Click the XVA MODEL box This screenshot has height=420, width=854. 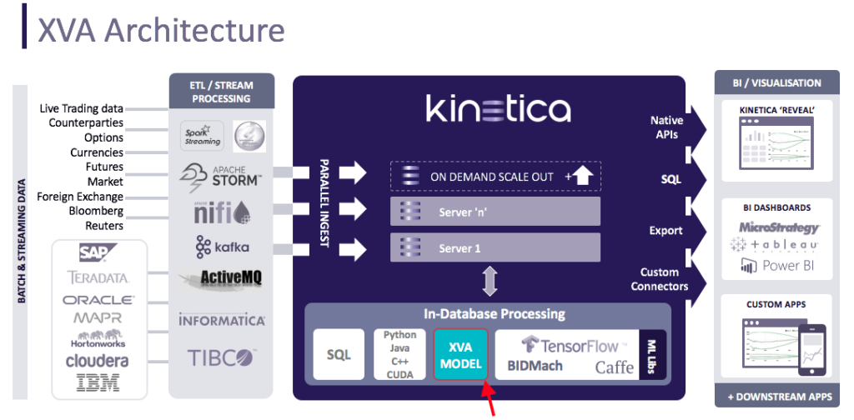tap(460, 354)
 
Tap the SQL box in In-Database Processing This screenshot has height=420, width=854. tap(339, 354)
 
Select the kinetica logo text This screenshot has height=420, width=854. tap(499, 109)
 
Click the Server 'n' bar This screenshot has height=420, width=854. tap(495, 212)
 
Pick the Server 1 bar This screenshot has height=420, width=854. tap(495, 247)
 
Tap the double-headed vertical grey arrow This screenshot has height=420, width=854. tap(490, 282)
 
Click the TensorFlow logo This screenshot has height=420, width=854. tap(570, 345)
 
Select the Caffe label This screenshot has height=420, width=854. tap(615, 366)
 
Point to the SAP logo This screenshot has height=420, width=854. tap(98, 252)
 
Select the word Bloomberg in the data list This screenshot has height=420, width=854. tap(96, 211)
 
